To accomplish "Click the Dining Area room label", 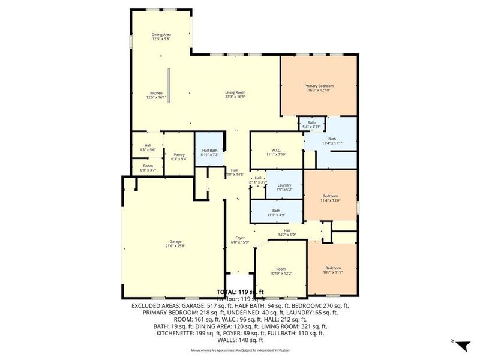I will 160,37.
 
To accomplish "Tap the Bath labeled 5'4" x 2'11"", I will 316,124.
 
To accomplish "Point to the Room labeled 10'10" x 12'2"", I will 281,271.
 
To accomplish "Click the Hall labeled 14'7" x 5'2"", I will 287,231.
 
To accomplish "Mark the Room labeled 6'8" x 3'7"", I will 148,167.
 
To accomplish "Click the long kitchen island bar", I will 169,84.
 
